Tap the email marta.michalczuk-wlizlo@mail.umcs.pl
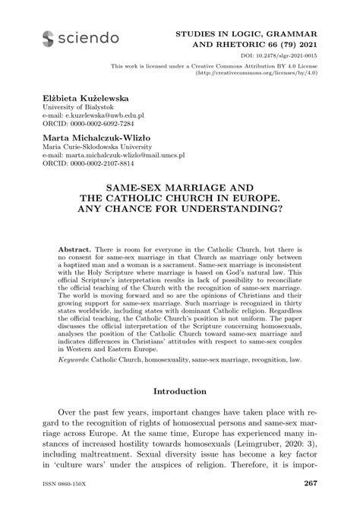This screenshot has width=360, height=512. tap(118, 156)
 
